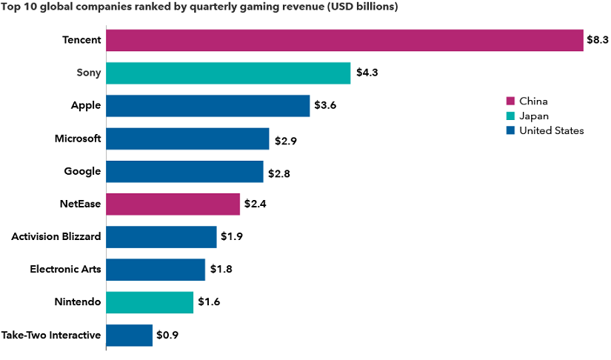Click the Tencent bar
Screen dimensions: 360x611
[x=345, y=40]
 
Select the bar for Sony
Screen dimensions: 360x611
[x=228, y=73]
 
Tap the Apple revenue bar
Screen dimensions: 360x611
[x=208, y=105]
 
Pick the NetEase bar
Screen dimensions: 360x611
[x=173, y=204]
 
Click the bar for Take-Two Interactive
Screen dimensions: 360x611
[x=130, y=335]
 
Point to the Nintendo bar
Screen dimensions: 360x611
[x=150, y=302]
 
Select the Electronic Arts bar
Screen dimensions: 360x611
[x=156, y=270]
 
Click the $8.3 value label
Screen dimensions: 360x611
[x=597, y=40]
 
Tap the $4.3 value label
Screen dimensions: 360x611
[x=367, y=73]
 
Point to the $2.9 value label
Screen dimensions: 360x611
[x=285, y=139]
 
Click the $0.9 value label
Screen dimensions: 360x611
[x=167, y=335]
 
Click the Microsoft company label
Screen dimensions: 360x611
[x=78, y=139]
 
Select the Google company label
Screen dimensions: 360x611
[x=82, y=171]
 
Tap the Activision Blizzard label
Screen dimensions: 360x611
[x=56, y=237]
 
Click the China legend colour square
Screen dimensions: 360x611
[x=510, y=101]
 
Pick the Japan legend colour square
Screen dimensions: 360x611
[x=510, y=116]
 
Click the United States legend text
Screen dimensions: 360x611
[x=552, y=130]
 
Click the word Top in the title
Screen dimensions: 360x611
[x=13, y=7]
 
